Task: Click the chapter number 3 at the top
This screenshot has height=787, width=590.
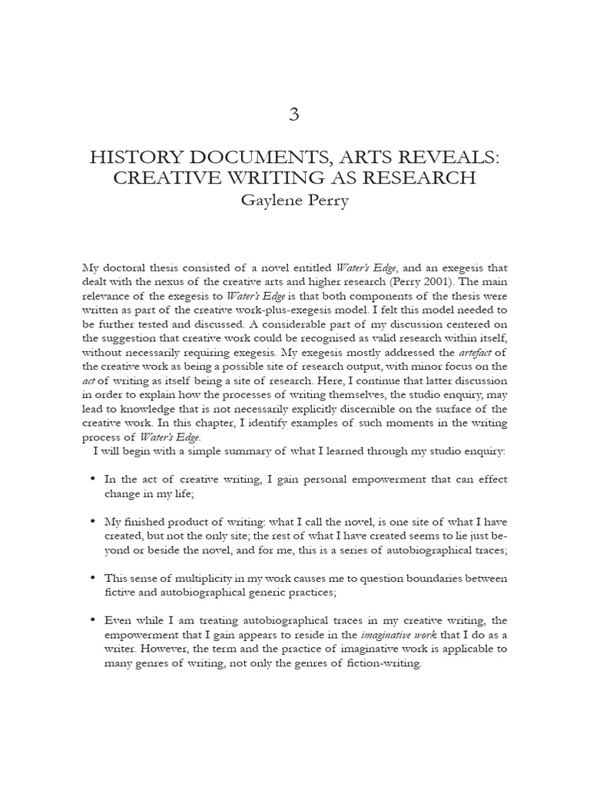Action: [x=294, y=115]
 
